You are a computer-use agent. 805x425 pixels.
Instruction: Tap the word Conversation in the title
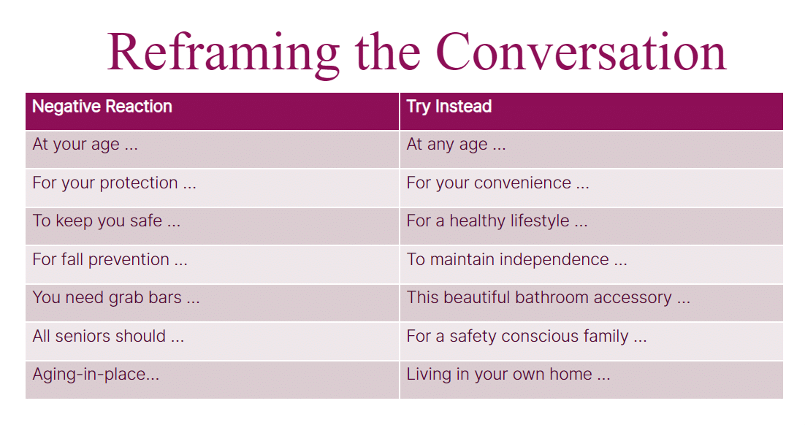pyautogui.click(x=581, y=51)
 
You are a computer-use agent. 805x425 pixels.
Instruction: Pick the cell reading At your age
pyautogui.click(x=212, y=150)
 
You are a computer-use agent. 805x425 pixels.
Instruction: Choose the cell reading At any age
pyautogui.click(x=592, y=150)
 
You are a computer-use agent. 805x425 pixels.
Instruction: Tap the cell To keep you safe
pyautogui.click(x=212, y=226)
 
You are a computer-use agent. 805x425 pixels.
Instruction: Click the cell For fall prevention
pyautogui.click(x=212, y=264)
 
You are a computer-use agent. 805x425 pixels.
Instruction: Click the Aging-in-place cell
pyautogui.click(x=212, y=379)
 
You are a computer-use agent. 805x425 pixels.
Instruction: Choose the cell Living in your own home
pyautogui.click(x=592, y=379)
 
